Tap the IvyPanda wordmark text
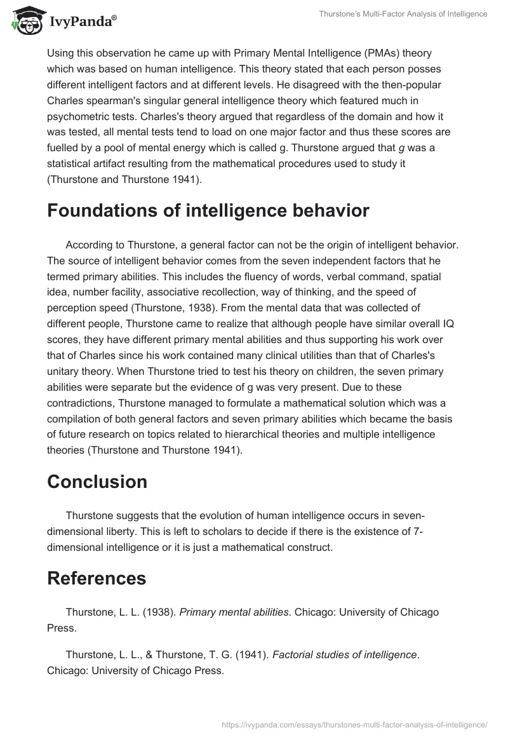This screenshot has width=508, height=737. pyautogui.click(x=83, y=22)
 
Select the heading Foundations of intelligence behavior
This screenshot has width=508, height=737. pyautogui.click(x=208, y=210)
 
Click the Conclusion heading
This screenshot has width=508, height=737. pyautogui.click(x=97, y=481)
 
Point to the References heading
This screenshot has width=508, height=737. pyautogui.click(x=96, y=578)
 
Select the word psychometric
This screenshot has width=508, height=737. pyautogui.click(x=76, y=116)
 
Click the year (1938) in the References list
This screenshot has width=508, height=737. pyautogui.click(x=161, y=612)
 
